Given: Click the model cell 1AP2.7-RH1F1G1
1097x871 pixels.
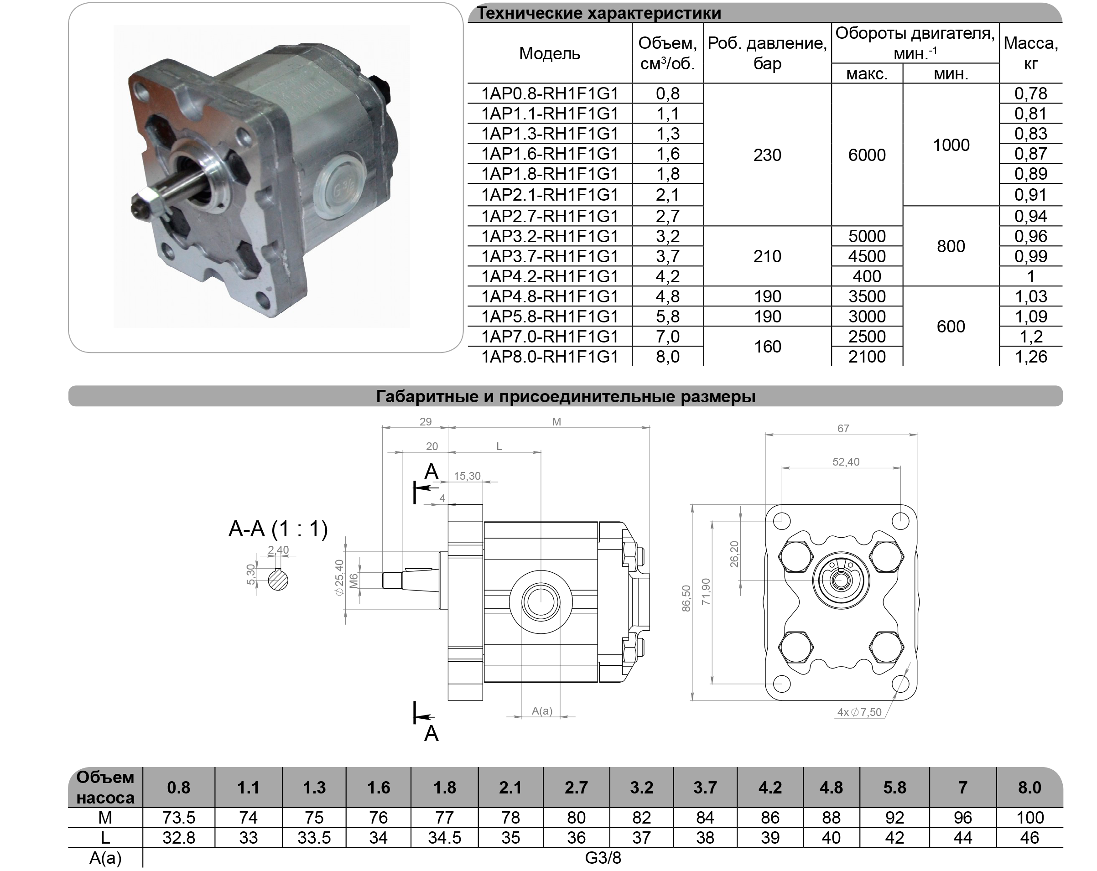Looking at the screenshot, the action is click(550, 216).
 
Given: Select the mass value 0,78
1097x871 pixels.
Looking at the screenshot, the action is click(1030, 93).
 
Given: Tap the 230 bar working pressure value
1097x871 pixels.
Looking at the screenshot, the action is click(767, 155).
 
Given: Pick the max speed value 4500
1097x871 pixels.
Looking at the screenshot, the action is click(867, 256).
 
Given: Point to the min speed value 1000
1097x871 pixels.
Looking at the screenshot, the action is click(951, 145).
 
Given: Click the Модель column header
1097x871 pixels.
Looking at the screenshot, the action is click(550, 53).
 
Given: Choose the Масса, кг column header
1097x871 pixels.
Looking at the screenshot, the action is click(1030, 53).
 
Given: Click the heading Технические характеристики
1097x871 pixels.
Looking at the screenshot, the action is click(599, 13).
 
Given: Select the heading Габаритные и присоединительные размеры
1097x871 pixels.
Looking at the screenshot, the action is click(565, 396).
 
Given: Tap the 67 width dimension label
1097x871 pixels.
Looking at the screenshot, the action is click(842, 428).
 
